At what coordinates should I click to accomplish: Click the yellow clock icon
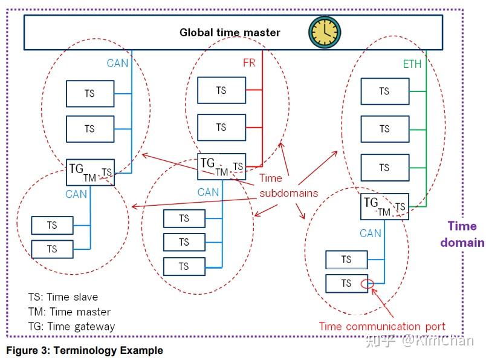325,32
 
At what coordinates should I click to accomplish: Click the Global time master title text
230,33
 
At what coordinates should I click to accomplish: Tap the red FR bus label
249,62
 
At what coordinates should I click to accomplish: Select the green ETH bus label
412,64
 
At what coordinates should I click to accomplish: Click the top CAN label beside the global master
117,63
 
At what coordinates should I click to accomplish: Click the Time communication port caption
382,327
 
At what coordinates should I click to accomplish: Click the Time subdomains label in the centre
288,186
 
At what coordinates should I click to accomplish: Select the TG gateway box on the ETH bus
384,206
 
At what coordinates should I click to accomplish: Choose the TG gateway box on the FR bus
221,166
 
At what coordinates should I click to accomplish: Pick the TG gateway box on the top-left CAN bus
89,172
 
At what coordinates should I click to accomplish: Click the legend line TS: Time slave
63,297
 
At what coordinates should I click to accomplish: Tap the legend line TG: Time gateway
71,327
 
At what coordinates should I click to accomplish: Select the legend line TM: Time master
70,312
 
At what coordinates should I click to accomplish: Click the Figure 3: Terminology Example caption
85,350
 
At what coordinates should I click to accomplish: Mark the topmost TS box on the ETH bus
384,91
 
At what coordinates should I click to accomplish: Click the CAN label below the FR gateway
208,192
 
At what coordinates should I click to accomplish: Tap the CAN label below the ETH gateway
371,233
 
